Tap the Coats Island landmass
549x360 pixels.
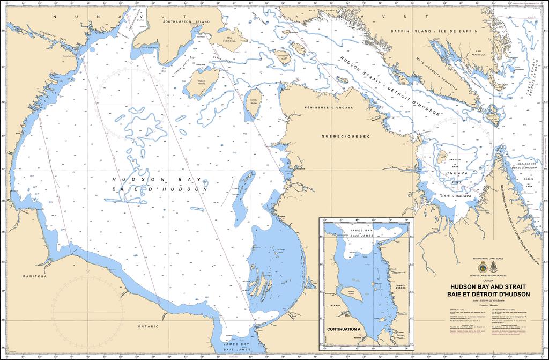pyautogui.click(x=200, y=84)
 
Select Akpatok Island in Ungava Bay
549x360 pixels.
pyautogui.click(x=443, y=157)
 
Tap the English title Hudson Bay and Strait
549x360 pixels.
pyautogui.click(x=490, y=286)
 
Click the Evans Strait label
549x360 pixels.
pyautogui.click(x=221, y=61)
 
